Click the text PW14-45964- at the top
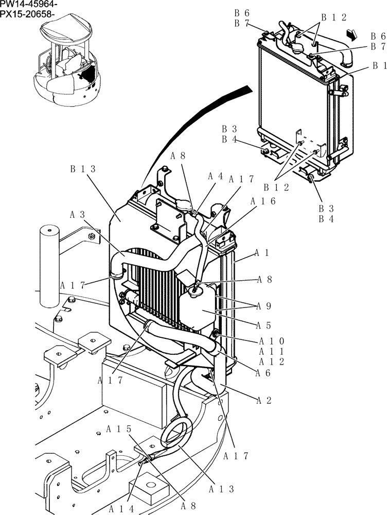coord(29,5)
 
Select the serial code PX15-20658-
coord(28,14)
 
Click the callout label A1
coord(262,253)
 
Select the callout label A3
coord(78,214)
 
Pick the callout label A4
coord(216,176)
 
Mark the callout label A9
coord(264,306)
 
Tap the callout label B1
coord(380,66)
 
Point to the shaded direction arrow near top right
coord(351,35)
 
